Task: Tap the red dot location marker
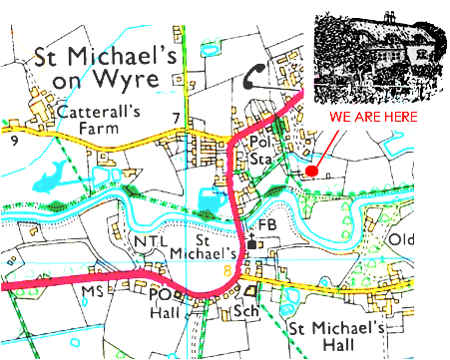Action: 312,172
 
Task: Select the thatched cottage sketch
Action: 376,59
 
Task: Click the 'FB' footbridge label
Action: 266,225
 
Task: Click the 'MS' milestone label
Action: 93,290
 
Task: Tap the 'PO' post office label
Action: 160,295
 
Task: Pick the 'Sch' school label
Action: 245,311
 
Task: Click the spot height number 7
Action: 176,121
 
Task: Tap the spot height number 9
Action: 14,141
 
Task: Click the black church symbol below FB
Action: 254,242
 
